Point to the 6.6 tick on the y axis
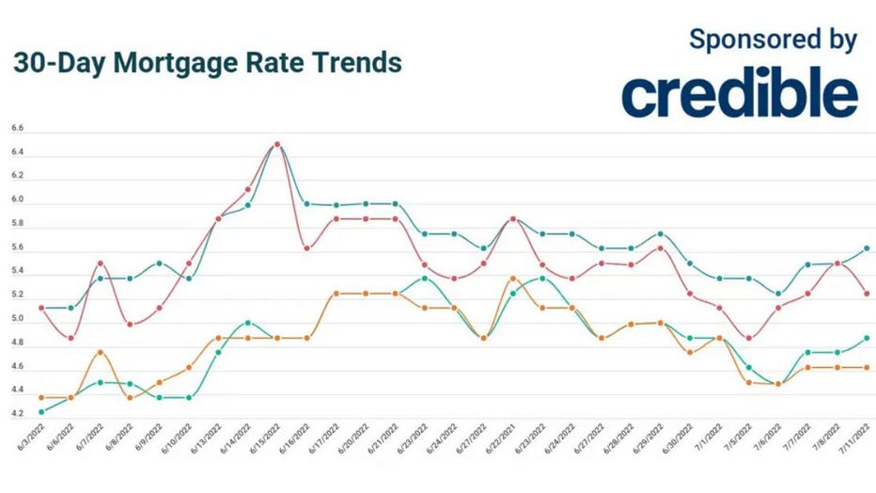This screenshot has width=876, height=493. pos(17,128)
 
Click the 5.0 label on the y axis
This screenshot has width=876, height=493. pos(17,319)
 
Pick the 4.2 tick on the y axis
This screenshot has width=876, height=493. pos(17,414)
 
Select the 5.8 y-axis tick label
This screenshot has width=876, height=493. pos(17,224)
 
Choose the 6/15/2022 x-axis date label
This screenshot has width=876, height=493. pos(266,442)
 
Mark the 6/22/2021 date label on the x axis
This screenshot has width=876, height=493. pos(501,442)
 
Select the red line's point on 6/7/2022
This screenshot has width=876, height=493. pos(101,262)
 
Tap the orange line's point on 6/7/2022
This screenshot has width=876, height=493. pos(101,352)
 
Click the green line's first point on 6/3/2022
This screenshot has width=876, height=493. pos(41,411)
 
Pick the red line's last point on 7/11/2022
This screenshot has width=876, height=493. pos(866,294)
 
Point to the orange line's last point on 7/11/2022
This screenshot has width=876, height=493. pos(866,367)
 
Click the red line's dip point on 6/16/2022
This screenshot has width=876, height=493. pos(306,248)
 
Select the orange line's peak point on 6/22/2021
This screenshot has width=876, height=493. pos(512,278)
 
